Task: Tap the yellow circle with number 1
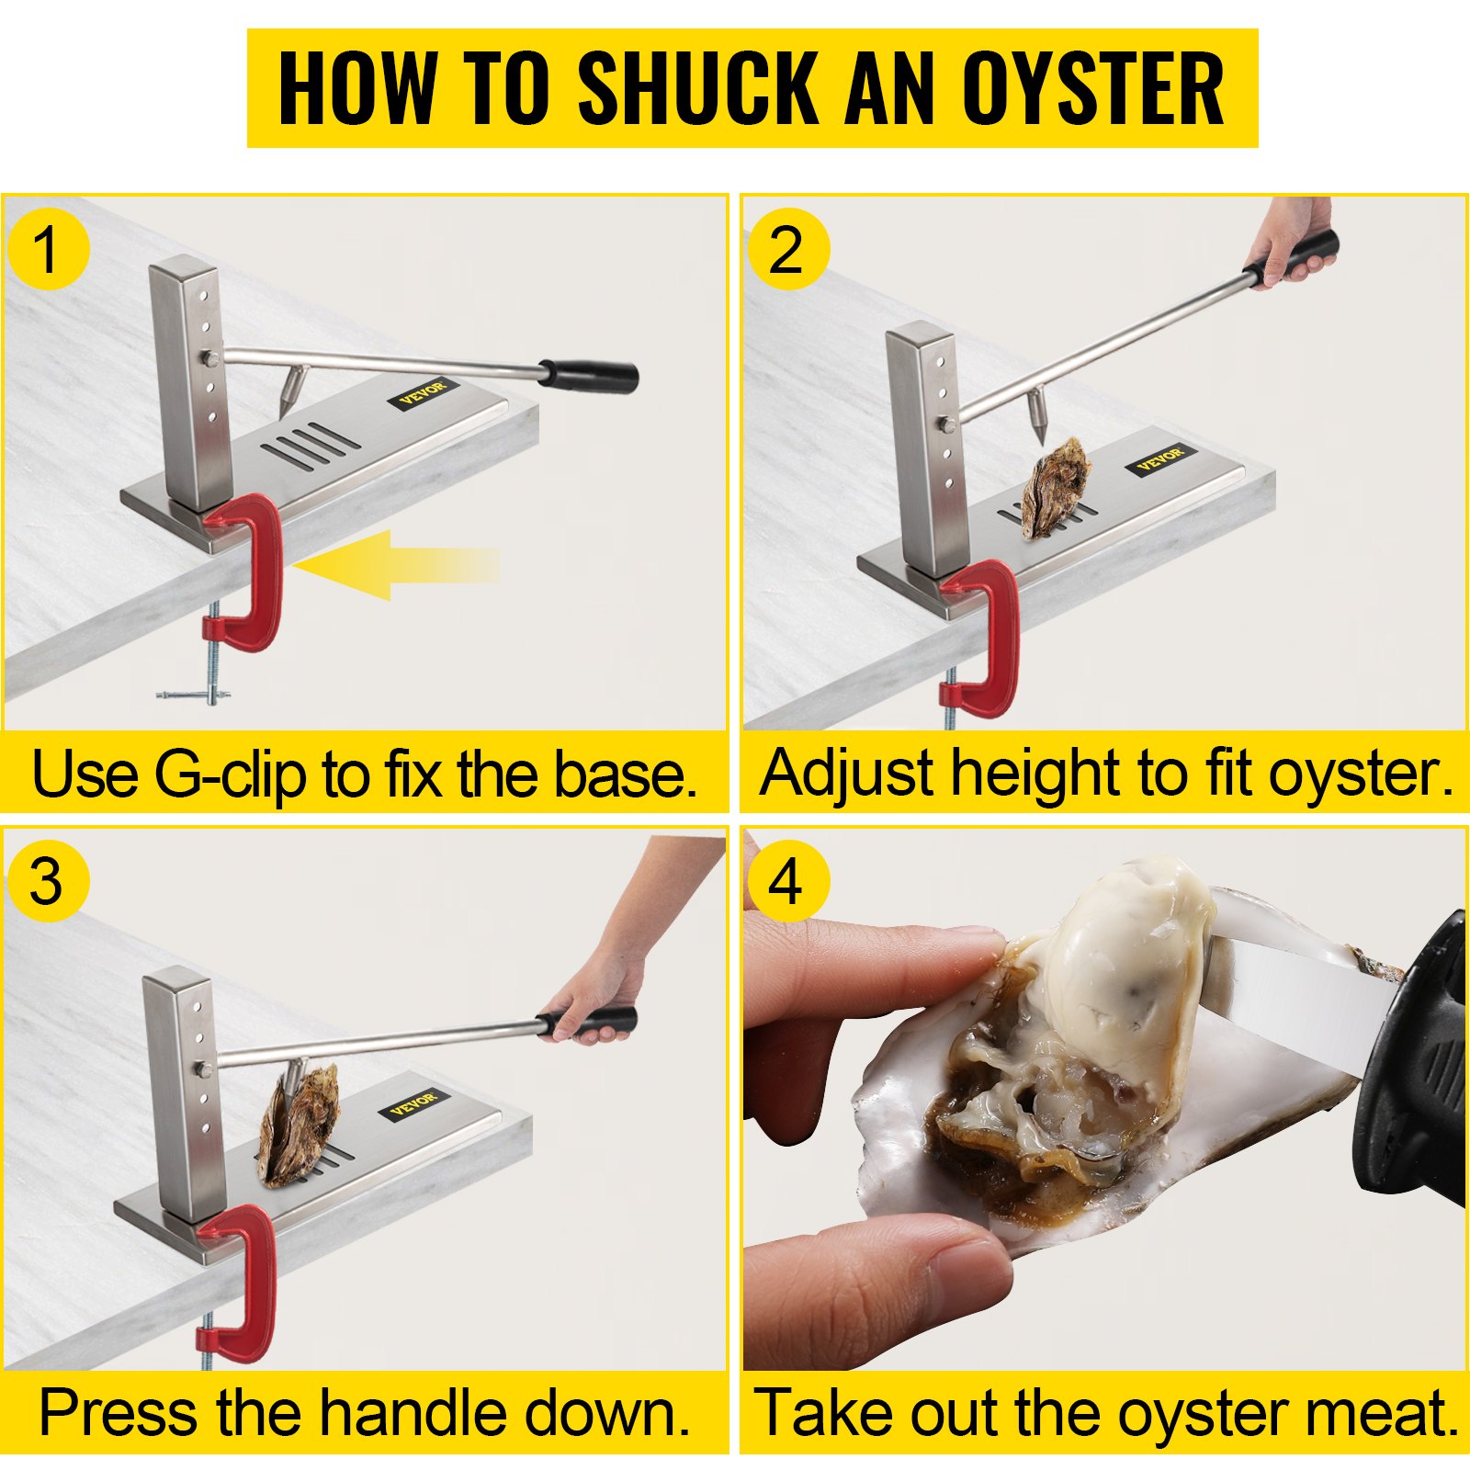[48, 250]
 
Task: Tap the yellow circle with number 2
[786, 250]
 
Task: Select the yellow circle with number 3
[48, 882]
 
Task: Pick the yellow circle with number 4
[786, 882]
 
